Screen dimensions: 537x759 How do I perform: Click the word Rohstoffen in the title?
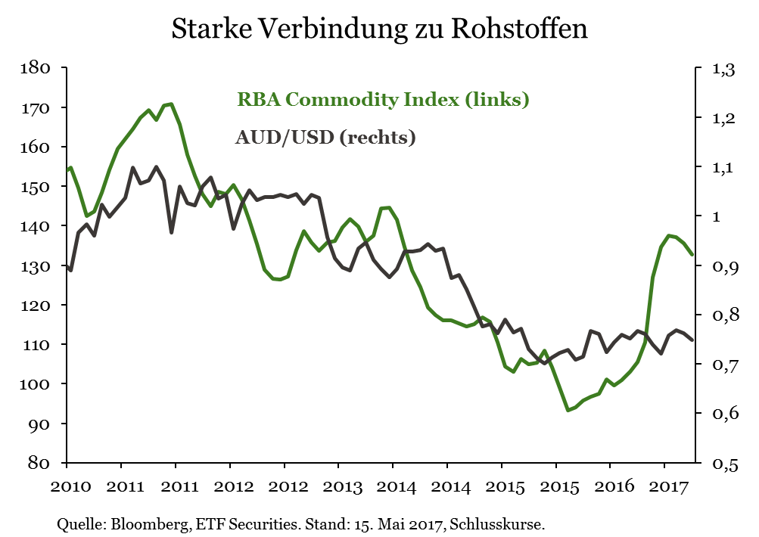520,28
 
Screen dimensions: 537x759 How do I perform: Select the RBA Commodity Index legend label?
383,99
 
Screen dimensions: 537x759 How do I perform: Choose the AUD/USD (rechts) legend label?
325,138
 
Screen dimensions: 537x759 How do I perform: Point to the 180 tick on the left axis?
35,68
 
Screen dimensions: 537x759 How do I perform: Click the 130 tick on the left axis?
35,265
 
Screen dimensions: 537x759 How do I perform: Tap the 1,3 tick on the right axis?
723,70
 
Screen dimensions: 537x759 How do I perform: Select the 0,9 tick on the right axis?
723,267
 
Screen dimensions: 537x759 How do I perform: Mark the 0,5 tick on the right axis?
723,464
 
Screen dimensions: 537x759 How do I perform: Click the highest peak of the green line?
173,104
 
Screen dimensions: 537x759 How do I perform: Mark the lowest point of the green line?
568,411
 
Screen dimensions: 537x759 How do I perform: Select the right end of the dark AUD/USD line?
692,340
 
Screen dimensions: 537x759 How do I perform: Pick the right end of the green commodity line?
692,254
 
